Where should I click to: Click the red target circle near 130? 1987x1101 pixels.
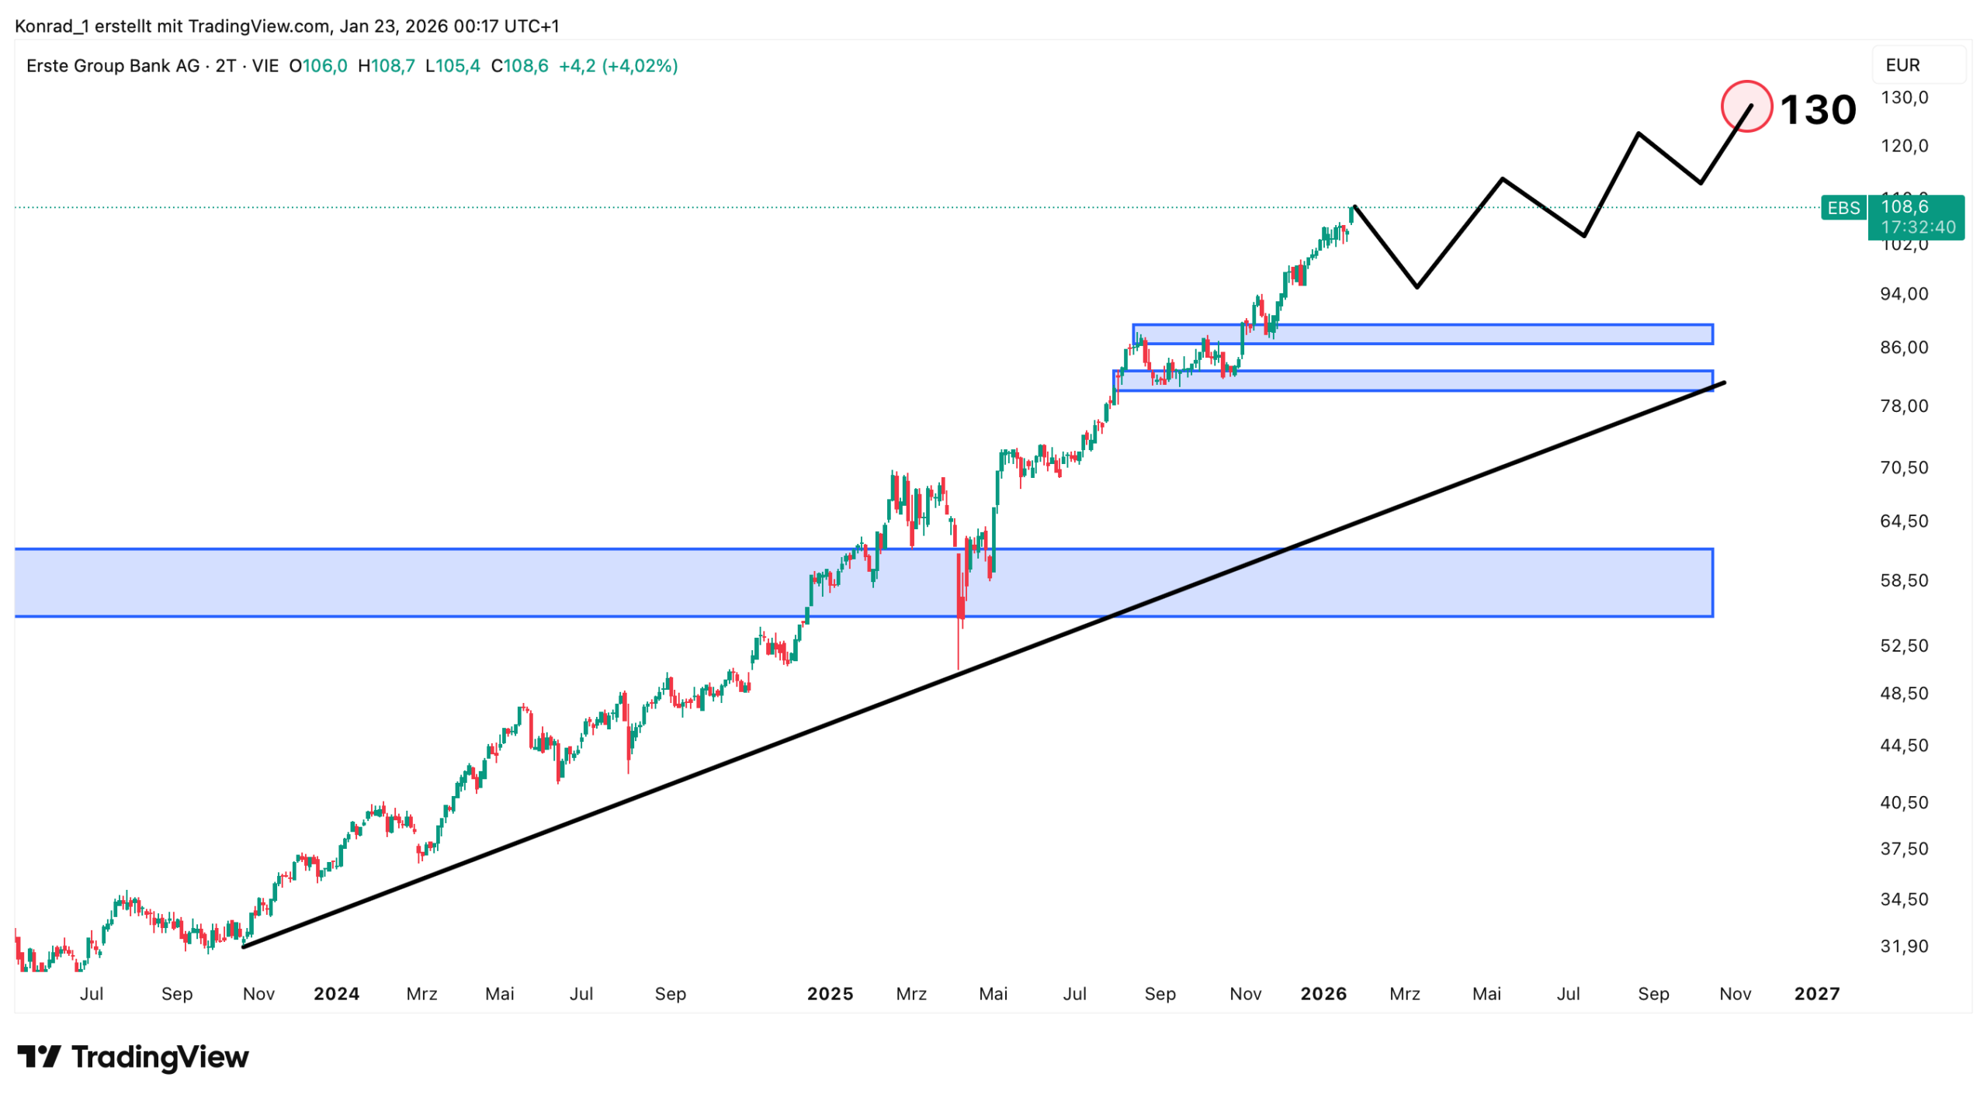coord(1746,106)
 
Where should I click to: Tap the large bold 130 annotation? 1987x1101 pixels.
coord(1817,109)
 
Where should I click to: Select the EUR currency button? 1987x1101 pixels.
coord(1902,65)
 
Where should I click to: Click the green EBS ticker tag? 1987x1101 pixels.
coord(1843,208)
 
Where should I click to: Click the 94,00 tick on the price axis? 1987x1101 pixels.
coord(1903,294)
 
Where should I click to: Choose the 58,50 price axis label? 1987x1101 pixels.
coord(1903,580)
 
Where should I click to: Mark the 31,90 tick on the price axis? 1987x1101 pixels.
coord(1903,946)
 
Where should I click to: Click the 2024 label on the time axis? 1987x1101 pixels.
coord(336,994)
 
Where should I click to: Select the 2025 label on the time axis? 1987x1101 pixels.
coord(830,994)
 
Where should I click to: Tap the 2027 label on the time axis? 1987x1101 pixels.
coord(1816,994)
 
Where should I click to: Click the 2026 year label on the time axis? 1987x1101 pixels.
coord(1323,994)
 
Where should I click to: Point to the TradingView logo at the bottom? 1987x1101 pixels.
coord(133,1057)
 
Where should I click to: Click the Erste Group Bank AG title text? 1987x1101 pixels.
coord(113,66)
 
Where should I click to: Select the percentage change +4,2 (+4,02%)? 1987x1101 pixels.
coord(618,66)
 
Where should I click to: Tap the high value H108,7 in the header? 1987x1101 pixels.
coord(386,66)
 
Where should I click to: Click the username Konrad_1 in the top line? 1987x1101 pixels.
coord(51,26)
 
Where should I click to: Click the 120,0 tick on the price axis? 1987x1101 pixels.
coord(1903,146)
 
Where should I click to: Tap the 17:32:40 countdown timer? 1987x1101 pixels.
coord(1917,227)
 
